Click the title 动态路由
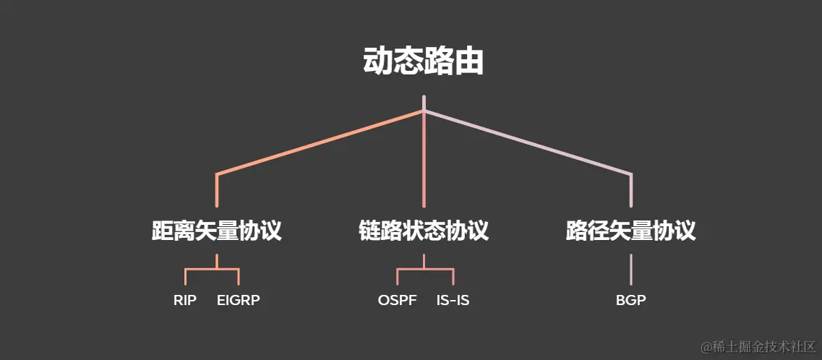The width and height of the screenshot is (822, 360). pyautogui.click(x=423, y=62)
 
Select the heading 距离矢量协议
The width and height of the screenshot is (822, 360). pyautogui.click(x=216, y=231)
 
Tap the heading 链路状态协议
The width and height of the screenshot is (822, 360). pyautogui.click(x=424, y=231)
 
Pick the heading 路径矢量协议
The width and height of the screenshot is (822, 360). pyautogui.click(x=630, y=231)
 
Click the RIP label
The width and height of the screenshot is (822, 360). pyautogui.click(x=185, y=300)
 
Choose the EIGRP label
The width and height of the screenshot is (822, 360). pyautogui.click(x=238, y=300)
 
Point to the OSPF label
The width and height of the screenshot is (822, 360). pyautogui.click(x=397, y=300)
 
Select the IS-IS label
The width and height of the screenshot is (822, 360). pyautogui.click(x=453, y=300)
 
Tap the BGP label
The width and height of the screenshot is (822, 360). pyautogui.click(x=631, y=300)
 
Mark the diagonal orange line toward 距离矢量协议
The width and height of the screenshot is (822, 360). pyautogui.click(x=318, y=142)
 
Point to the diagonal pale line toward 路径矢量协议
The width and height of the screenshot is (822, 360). pyautogui.click(x=528, y=142)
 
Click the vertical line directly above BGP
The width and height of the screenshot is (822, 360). pyautogui.click(x=631, y=269)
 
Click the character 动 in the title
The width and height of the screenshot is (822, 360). pyautogui.click(x=377, y=62)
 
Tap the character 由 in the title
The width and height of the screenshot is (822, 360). pyautogui.click(x=469, y=62)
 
